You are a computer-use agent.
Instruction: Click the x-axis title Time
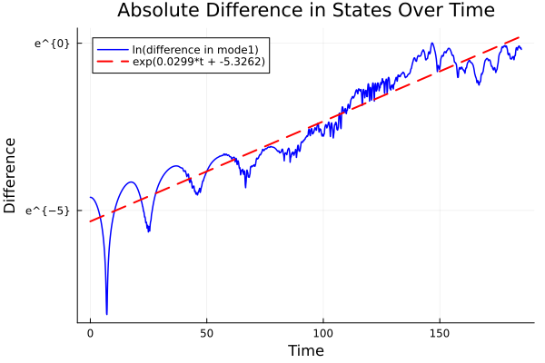305,350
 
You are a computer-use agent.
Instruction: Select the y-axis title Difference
11,175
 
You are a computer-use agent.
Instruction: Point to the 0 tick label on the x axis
90,333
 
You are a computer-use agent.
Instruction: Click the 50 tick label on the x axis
206,333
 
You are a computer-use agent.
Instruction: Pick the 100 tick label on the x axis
323,333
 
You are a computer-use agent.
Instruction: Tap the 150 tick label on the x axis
440,333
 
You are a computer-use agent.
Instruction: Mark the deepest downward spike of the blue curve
106,314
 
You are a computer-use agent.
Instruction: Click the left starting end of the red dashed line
90,221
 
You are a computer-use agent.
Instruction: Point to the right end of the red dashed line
520,36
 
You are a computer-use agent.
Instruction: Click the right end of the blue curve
520,49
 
